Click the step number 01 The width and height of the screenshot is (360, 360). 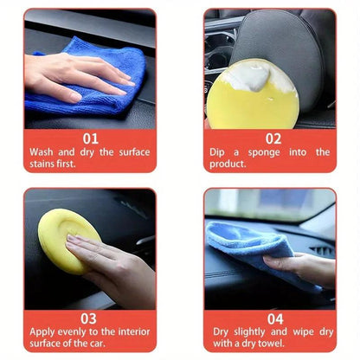(x=89, y=138)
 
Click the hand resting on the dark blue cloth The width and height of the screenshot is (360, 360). (x=74, y=74)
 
